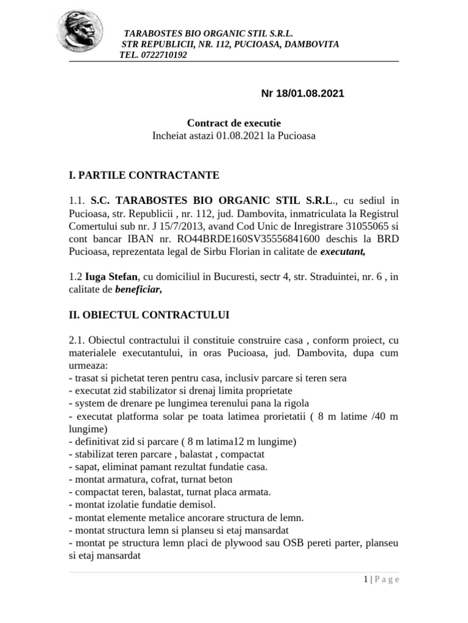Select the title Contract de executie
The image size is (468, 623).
tap(233, 123)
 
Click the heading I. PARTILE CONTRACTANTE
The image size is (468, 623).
tap(144, 175)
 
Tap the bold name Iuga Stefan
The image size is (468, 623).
tap(112, 277)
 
